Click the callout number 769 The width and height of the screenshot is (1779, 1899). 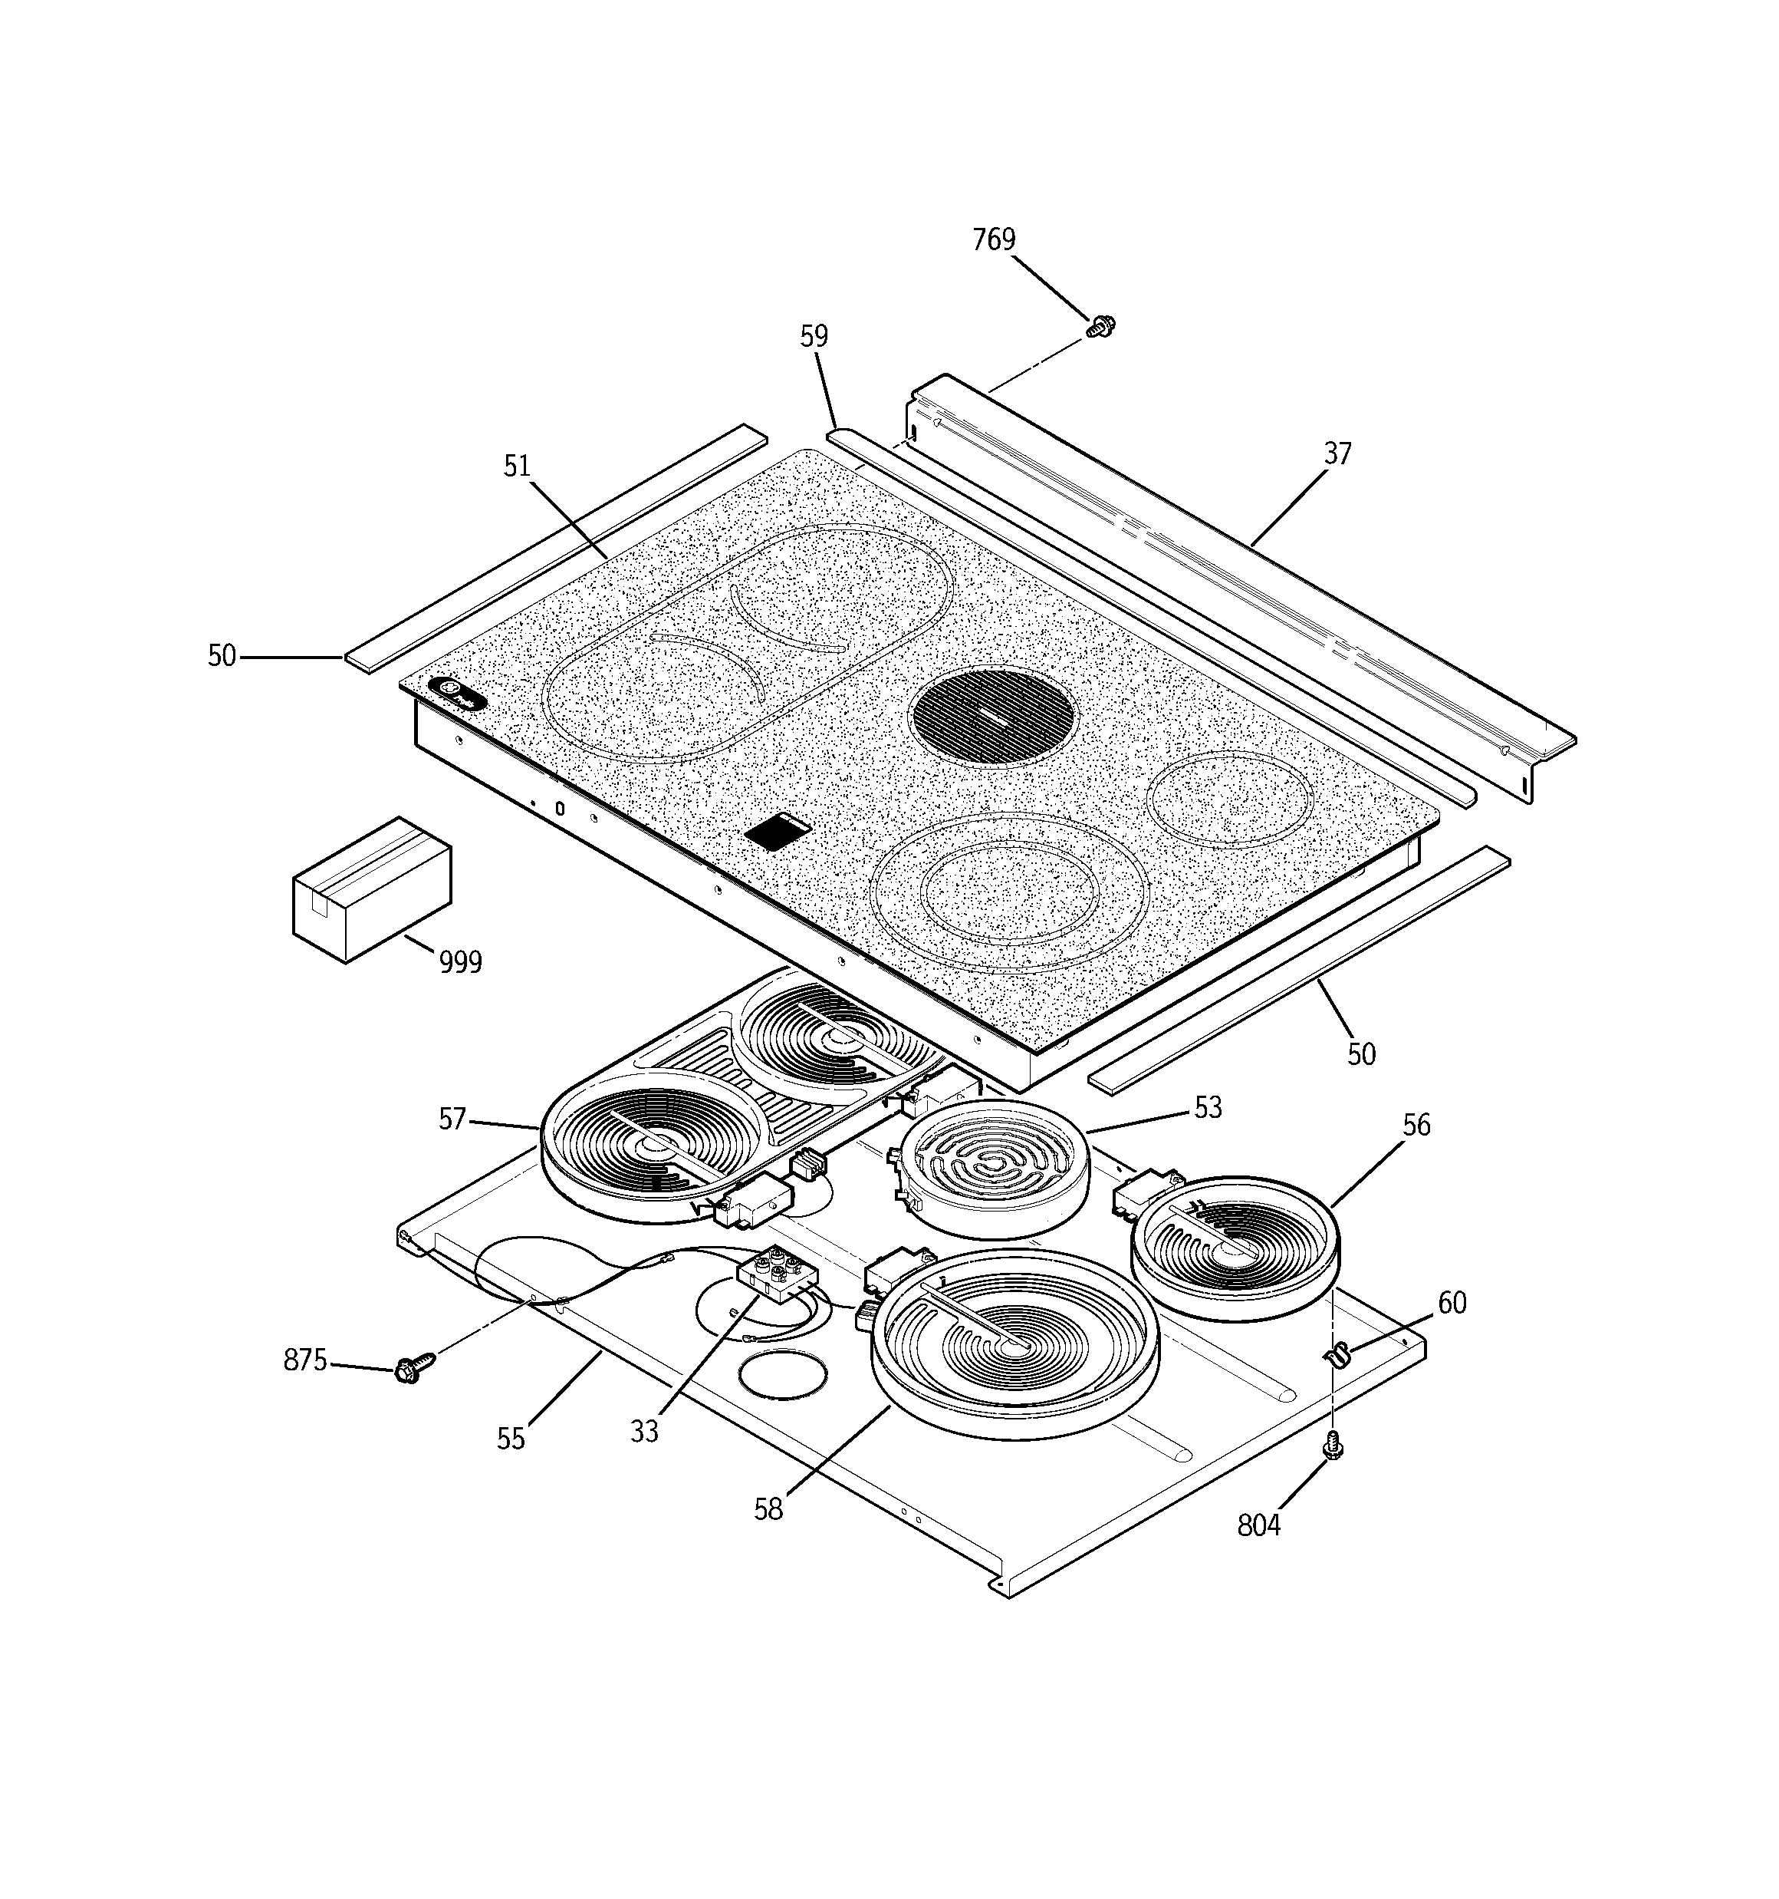point(993,239)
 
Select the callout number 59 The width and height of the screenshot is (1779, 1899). point(814,336)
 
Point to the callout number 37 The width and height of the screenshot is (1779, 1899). point(1337,453)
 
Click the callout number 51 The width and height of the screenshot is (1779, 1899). point(517,467)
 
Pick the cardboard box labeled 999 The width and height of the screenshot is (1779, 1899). point(370,889)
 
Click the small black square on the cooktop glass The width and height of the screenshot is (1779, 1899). point(778,831)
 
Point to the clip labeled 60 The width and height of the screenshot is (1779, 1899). point(1340,1353)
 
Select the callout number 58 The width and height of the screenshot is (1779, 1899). point(768,1509)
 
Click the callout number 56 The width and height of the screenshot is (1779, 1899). point(1416,1126)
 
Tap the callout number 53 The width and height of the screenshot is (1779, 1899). point(1207,1108)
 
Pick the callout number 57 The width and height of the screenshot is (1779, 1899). point(452,1119)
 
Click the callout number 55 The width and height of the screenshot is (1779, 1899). point(511,1439)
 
